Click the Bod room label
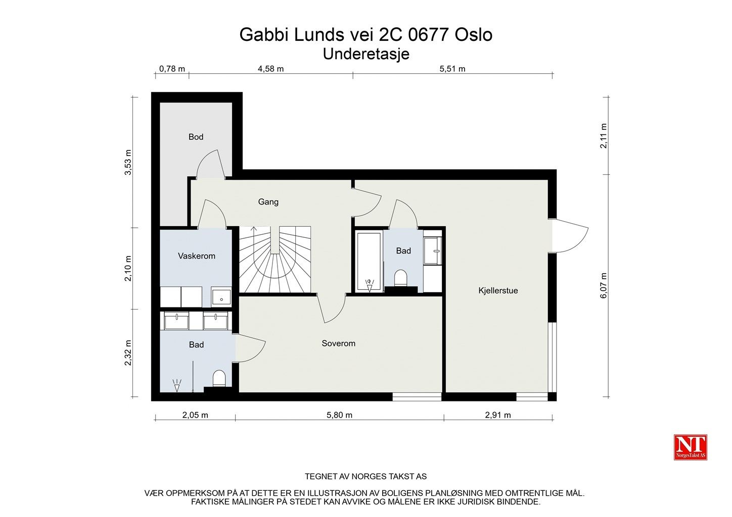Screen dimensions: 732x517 coord(196,137)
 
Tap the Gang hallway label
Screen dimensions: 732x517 coord(268,202)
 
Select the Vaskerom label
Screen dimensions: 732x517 coord(197,256)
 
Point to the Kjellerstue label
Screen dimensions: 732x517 coord(498,290)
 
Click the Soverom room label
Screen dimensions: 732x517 coord(338,343)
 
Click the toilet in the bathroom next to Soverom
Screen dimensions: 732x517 coord(219,379)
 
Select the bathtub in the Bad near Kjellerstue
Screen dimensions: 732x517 coord(369,261)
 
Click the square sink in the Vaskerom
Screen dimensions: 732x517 coord(221,297)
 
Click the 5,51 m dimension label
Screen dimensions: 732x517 coord(452,69)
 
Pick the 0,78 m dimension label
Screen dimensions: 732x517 coord(172,69)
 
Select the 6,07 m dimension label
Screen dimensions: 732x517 coord(603,285)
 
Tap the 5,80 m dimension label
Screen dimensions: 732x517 coord(340,415)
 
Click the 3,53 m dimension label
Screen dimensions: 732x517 coord(128,162)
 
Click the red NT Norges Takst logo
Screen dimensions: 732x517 coord(691,447)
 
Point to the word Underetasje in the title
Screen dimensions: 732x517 coord(366,54)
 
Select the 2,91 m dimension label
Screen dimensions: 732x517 coord(498,415)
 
